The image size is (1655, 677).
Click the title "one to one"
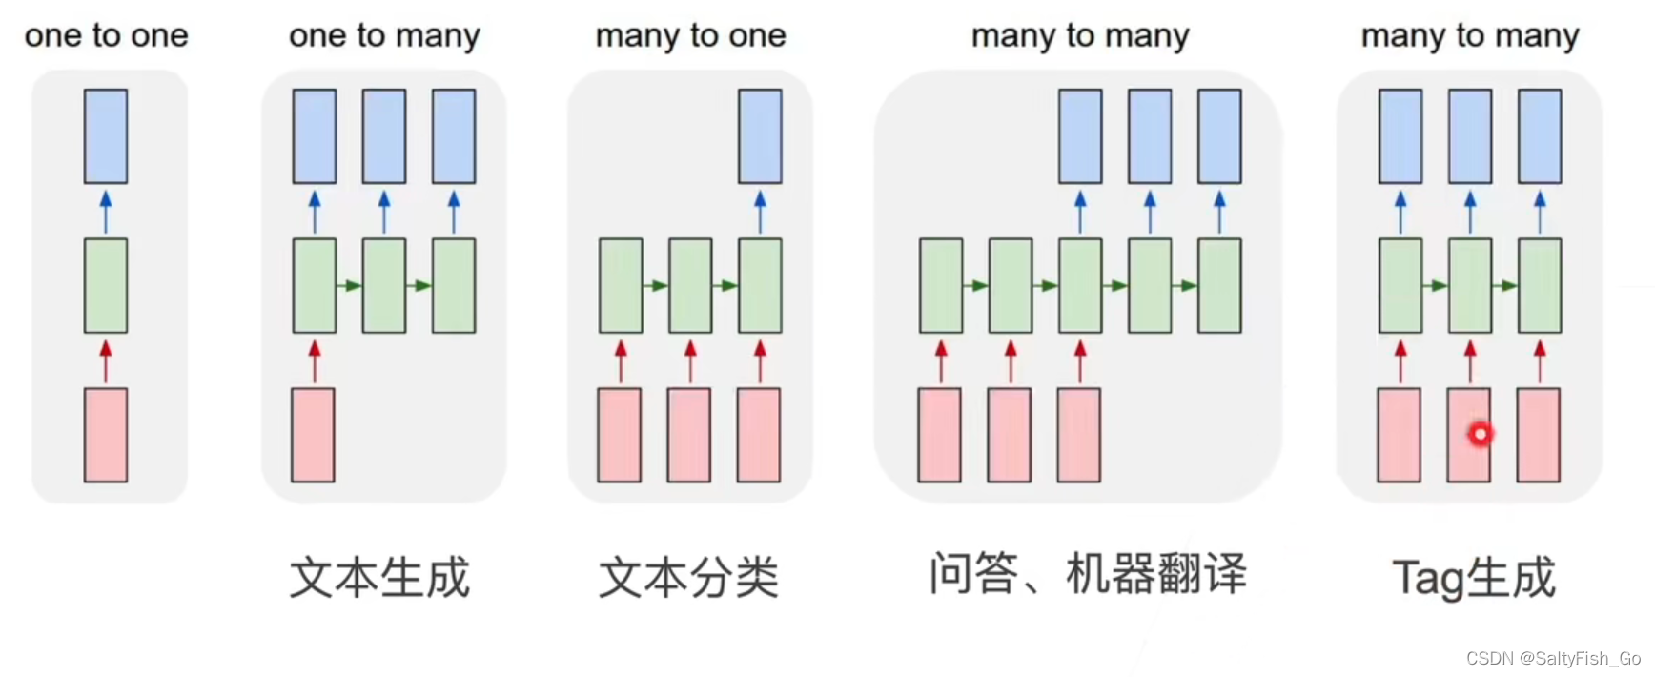(x=106, y=36)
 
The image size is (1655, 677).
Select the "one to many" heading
(x=384, y=36)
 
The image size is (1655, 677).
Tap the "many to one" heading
(x=690, y=36)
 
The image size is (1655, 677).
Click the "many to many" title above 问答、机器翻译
(x=1080, y=36)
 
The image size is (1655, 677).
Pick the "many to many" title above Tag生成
(x=1469, y=36)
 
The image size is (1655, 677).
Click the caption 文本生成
(x=379, y=578)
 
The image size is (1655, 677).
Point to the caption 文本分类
(x=688, y=578)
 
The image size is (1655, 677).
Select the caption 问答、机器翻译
(x=1088, y=574)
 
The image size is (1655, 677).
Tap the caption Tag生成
(x=1473, y=578)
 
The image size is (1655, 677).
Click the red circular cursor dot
(x=1480, y=434)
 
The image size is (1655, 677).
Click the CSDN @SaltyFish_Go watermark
(x=1553, y=659)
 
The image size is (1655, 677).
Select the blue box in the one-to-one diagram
(x=106, y=136)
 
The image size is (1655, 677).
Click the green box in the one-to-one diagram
(x=106, y=285)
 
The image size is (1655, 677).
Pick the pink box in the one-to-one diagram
(x=106, y=435)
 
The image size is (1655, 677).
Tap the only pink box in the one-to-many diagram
(x=314, y=435)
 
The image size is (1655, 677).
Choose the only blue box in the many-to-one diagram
(x=760, y=136)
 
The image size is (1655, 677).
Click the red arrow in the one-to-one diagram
(x=106, y=360)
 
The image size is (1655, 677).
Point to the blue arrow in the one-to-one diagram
(x=106, y=211)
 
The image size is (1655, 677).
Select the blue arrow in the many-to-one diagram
(x=760, y=211)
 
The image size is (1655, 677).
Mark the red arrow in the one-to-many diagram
(x=315, y=360)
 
